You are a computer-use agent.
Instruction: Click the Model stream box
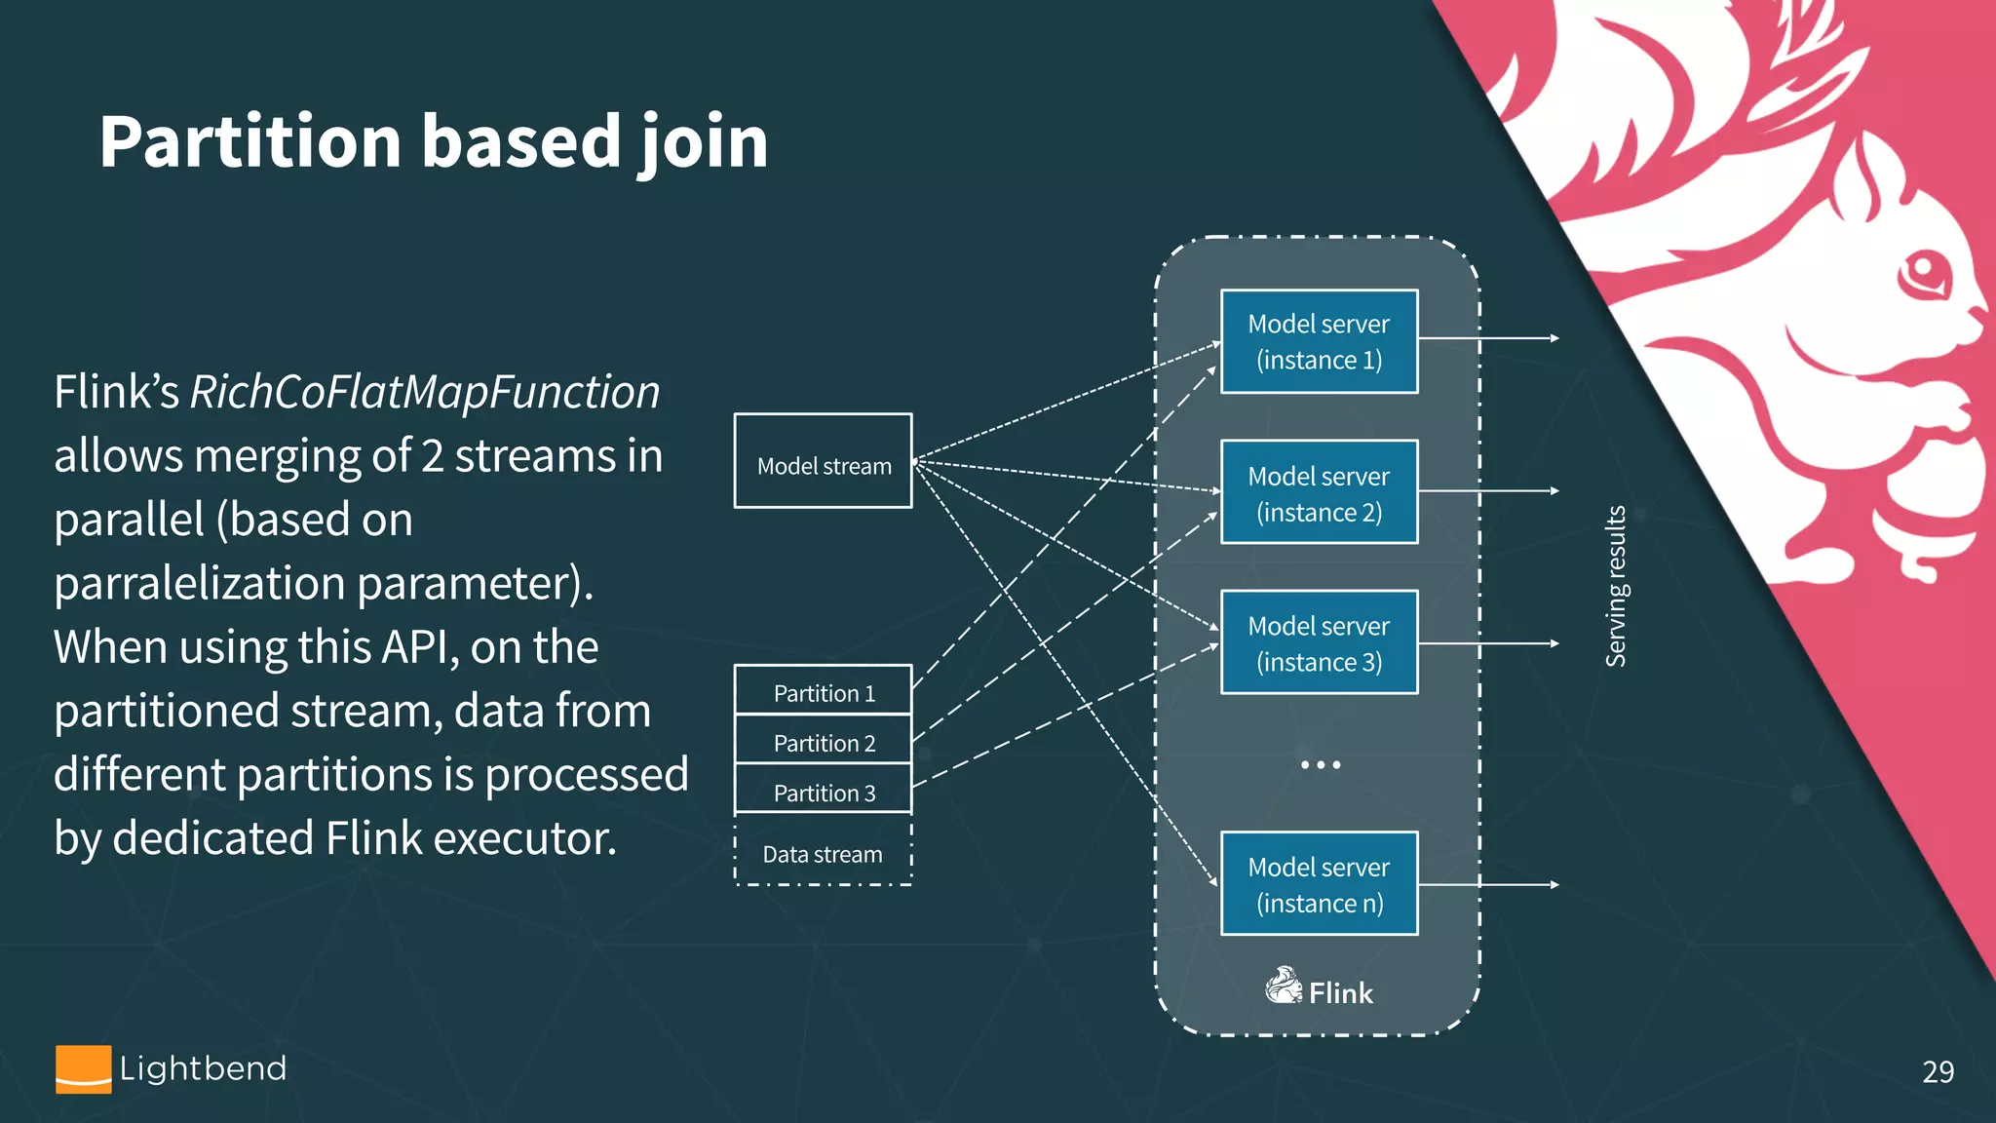823,461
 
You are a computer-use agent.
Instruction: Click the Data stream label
822,854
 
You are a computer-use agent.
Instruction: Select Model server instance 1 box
1319,341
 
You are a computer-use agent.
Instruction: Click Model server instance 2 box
1319,492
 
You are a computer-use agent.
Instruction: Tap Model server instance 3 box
1319,642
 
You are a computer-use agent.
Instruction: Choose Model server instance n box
1319,883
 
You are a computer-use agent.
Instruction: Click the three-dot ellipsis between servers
1320,765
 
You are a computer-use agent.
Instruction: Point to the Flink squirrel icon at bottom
1284,987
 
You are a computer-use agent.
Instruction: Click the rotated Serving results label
1616,586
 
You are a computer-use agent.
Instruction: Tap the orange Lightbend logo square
83,1069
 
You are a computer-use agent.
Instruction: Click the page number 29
1938,1071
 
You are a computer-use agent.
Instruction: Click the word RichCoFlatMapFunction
425,392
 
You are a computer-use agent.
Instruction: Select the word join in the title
703,142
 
